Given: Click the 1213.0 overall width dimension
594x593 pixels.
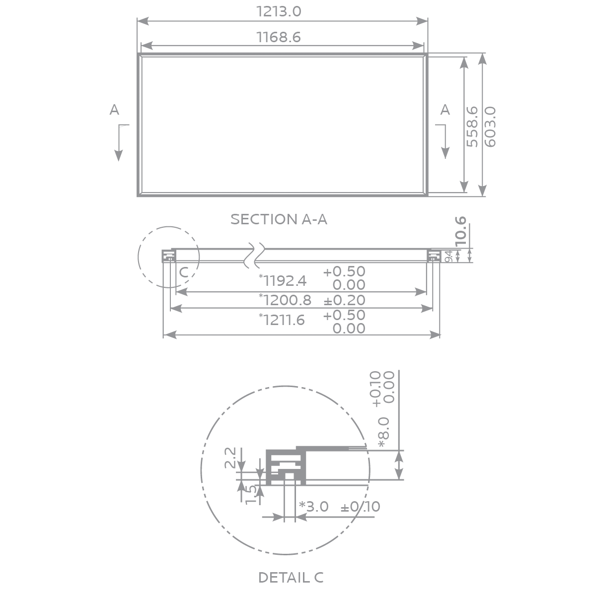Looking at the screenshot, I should pos(279,11).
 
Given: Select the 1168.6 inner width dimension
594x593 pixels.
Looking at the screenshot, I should pos(279,37).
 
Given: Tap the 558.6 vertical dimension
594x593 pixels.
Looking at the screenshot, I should pos(472,126).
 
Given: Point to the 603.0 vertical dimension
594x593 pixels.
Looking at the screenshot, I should pos(490,126).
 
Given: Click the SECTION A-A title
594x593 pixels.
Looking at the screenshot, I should pos(279,219).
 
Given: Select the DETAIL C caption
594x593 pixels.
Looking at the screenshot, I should pos(291,578).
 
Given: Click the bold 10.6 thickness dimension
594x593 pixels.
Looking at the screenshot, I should pos(461,230).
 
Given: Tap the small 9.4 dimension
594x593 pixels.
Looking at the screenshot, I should pos(448,257).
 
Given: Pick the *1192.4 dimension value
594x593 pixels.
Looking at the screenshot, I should pos(283,281).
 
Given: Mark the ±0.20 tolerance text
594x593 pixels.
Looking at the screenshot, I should pos(344,300).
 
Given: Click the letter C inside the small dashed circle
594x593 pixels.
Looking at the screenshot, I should pos(183,272).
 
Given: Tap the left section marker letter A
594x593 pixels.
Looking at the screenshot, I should pos(114,110).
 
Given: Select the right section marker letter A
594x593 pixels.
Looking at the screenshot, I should pos(445,110).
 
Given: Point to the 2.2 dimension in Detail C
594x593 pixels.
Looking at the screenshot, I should pos(230,458).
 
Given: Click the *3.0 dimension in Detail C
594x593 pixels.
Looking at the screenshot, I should pos(313,507).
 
